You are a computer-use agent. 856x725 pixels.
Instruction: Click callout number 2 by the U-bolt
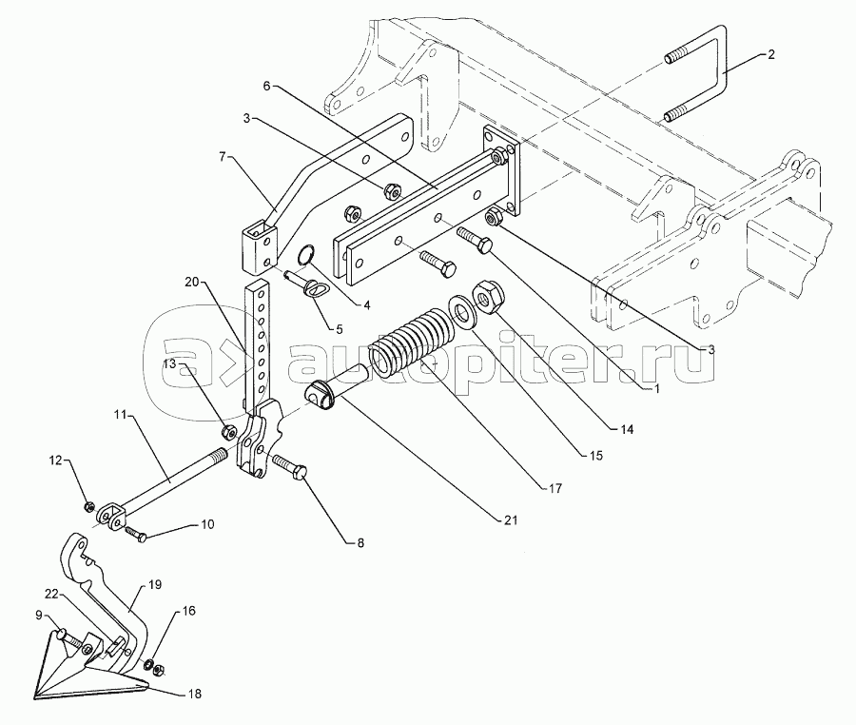(770, 54)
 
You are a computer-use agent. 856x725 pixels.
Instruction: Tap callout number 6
(266, 86)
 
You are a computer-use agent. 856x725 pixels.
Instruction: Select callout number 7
(222, 157)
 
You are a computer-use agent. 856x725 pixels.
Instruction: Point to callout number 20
(191, 283)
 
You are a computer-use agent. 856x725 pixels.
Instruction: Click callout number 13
(170, 363)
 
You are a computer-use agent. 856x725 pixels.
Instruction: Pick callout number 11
(120, 415)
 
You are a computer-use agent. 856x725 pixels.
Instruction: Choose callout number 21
(511, 520)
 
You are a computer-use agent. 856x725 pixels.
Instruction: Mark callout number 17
(555, 489)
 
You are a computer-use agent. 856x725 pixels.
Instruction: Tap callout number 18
(194, 694)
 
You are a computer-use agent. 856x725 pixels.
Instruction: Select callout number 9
(39, 616)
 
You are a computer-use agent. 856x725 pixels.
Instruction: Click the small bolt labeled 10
(136, 534)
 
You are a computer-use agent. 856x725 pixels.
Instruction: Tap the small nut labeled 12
(89, 508)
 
